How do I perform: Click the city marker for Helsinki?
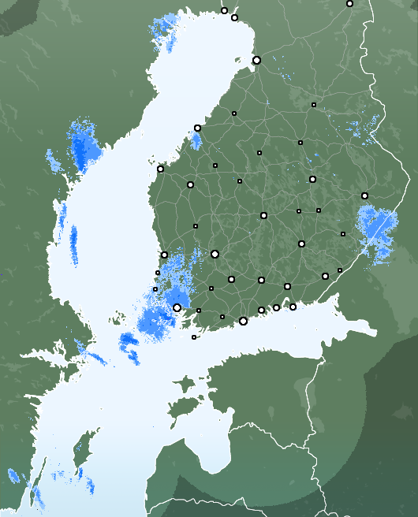tap(243, 321)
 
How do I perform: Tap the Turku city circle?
tap(177, 307)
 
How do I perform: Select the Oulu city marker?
tap(256, 60)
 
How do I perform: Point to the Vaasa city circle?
tap(160, 169)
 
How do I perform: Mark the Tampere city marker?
tap(215, 254)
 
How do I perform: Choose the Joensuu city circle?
tap(364, 195)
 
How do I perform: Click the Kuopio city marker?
tap(312, 179)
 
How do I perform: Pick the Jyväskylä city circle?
tap(263, 215)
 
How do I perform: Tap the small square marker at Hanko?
tap(194, 337)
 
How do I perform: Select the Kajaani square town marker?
tap(314, 104)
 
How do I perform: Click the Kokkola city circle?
tap(197, 128)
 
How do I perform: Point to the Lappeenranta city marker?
tap(325, 276)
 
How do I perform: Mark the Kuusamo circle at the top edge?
tap(349, 3)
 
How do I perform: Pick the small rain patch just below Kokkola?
tap(196, 142)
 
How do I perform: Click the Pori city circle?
tap(164, 255)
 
